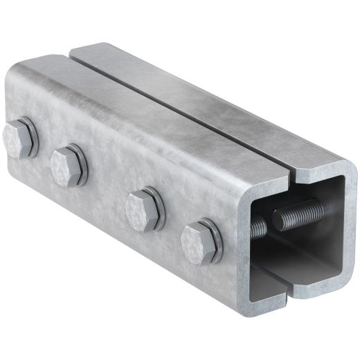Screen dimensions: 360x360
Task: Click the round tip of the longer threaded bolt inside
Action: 280,219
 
